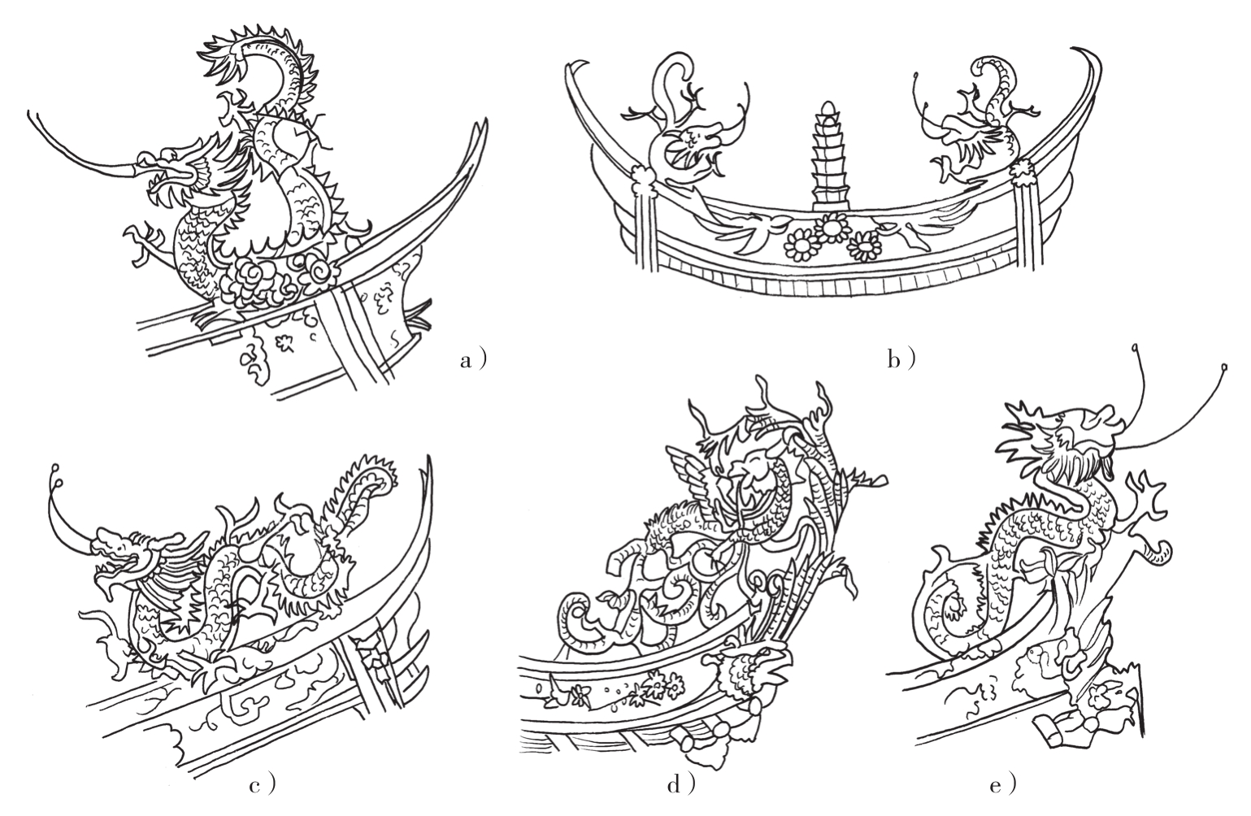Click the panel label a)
pos(474,360)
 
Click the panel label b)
pos(901,360)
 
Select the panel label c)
pos(263,785)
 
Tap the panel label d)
pos(681,785)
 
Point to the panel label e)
pos(1002,785)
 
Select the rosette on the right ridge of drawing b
pos(1022,167)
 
